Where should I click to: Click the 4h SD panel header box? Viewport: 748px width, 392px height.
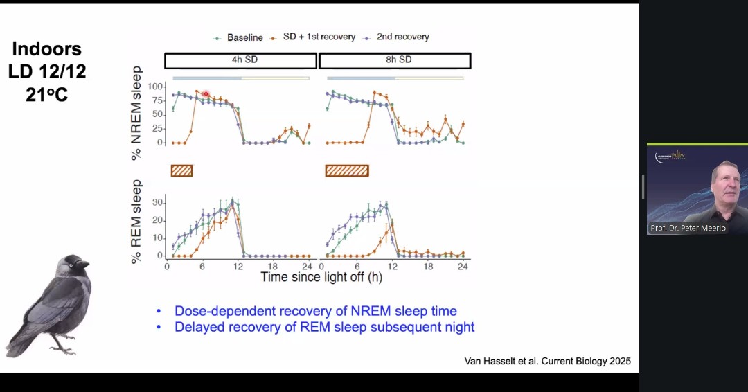(240, 60)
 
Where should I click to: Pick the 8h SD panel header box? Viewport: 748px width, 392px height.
(395, 60)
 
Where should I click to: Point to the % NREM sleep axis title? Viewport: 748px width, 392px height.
(136, 113)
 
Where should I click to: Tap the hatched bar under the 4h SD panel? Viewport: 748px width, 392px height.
(181, 170)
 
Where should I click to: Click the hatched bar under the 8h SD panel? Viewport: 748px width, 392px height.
(347, 170)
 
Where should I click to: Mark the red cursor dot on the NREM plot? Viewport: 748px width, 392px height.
(206, 93)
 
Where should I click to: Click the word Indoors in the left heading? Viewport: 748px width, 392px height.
(47, 49)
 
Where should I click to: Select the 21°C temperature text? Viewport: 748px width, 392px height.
(47, 95)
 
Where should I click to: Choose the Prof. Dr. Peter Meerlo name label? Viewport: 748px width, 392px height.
(688, 228)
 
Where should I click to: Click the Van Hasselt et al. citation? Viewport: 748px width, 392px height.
(547, 362)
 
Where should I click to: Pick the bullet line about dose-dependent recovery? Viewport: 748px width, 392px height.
(316, 311)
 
